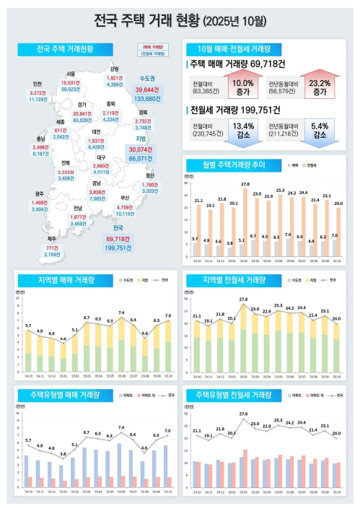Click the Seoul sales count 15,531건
70,82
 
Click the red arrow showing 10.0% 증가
244,88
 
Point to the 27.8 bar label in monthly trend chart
245,185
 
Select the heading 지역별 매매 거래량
61,279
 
